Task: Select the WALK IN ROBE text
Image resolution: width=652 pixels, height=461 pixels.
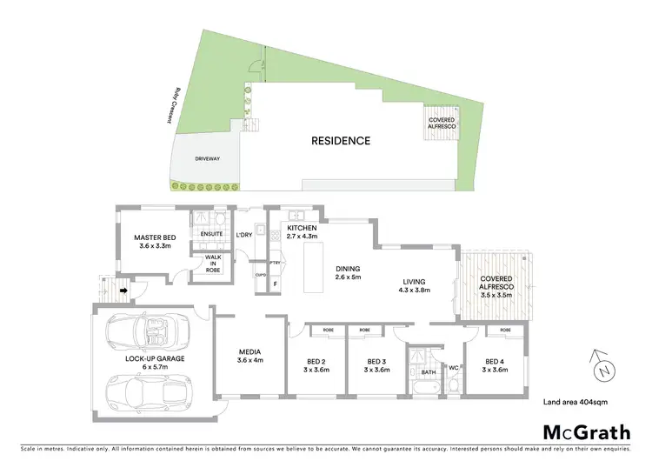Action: pyautogui.click(x=213, y=264)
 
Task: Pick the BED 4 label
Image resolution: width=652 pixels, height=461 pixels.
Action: pyautogui.click(x=493, y=363)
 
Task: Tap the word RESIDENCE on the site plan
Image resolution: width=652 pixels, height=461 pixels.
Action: pyautogui.click(x=341, y=140)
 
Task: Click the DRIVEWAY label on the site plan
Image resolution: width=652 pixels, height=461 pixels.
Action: pyautogui.click(x=206, y=159)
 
